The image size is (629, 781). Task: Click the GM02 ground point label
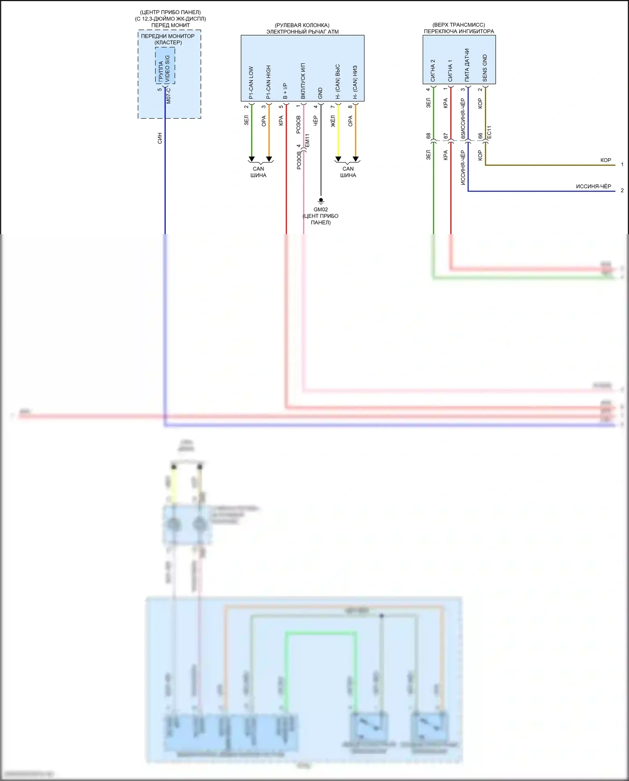(321, 209)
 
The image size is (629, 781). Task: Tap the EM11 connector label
(307, 140)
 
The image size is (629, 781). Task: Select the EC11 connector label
(489, 132)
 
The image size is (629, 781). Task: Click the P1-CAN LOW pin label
(251, 83)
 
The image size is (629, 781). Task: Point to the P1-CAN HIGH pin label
(268, 82)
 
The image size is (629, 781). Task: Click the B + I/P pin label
(286, 91)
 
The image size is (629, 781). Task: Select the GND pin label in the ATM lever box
(320, 93)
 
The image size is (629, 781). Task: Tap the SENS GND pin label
(485, 68)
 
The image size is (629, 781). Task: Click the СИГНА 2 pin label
(433, 70)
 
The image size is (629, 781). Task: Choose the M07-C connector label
(169, 95)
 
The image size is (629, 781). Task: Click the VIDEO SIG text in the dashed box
(167, 69)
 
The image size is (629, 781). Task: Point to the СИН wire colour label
(160, 138)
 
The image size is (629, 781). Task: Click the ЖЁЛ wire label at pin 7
(333, 121)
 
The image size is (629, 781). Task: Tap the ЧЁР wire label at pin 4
(315, 121)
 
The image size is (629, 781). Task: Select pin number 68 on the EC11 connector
(429, 136)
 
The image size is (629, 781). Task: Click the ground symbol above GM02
(321, 201)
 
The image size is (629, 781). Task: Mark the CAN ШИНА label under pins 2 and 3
(258, 172)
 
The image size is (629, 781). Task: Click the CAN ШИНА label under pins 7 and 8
(348, 172)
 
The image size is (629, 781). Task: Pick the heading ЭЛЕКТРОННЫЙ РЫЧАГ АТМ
(302, 31)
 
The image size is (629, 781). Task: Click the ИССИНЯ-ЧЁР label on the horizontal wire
(593, 186)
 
